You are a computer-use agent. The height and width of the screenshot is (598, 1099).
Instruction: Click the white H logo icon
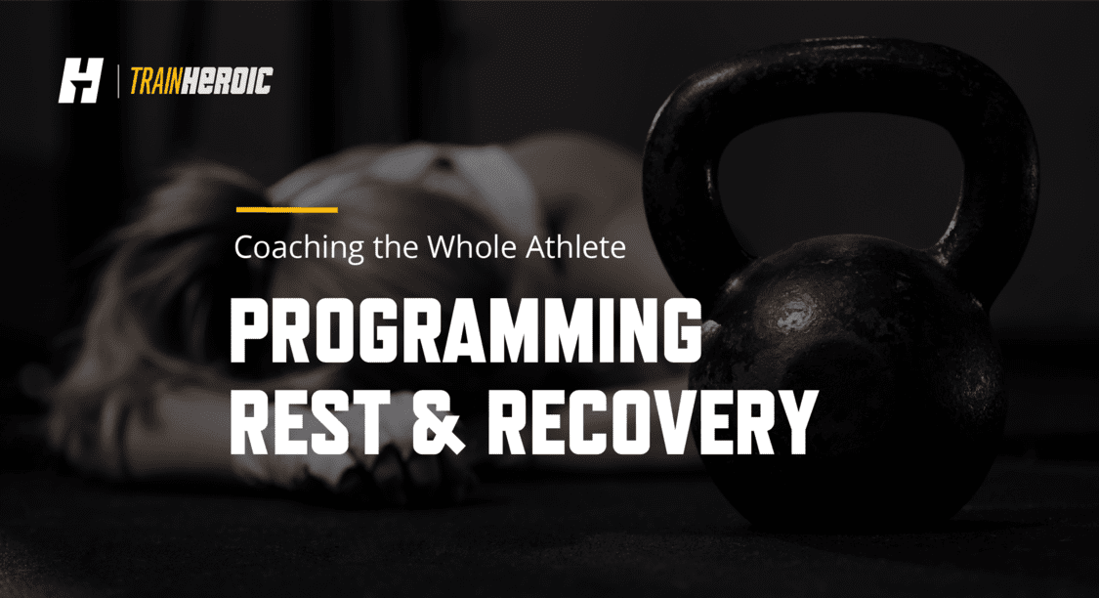pos(81,81)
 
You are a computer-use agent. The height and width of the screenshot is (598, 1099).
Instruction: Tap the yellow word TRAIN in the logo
pos(155,81)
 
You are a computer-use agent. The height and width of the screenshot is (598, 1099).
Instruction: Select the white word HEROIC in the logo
pos(227,81)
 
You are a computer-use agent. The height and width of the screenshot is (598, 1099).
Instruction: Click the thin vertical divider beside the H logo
pos(117,81)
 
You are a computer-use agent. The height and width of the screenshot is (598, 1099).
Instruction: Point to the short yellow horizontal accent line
pos(286,210)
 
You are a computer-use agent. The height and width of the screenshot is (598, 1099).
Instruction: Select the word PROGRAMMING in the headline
pos(466,329)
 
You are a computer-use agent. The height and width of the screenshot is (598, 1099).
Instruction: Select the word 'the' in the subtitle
pos(396,247)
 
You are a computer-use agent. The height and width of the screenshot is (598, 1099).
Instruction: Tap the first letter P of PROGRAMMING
pos(255,329)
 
